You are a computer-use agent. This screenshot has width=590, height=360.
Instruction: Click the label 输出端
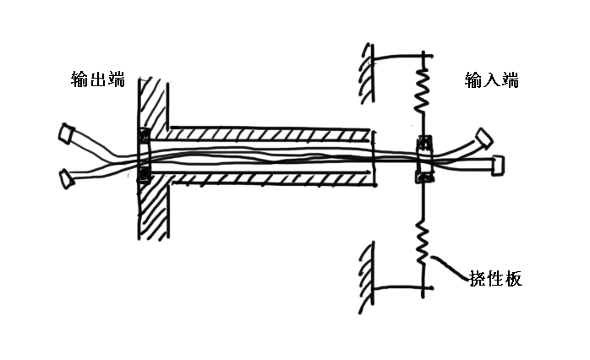click(98, 80)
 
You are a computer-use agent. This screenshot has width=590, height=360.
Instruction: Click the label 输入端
click(491, 80)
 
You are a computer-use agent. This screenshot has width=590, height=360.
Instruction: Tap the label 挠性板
click(495, 278)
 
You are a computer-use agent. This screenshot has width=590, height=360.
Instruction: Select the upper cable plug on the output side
click(65, 133)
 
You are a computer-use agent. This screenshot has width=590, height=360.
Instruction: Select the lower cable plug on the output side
click(64, 177)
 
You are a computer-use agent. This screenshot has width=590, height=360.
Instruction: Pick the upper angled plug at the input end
click(483, 137)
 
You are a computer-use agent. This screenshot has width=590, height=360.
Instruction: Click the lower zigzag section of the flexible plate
click(422, 241)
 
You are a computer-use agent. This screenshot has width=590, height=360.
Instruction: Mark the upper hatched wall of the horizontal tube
click(270, 134)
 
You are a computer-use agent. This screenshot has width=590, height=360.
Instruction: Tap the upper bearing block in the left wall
click(143, 134)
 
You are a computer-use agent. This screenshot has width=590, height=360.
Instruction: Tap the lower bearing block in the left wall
click(143, 175)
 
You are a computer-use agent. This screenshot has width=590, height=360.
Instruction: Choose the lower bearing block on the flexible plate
click(423, 176)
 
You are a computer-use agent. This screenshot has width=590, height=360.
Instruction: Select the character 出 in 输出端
click(98, 80)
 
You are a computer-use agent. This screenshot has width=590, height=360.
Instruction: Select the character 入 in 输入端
click(491, 80)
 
